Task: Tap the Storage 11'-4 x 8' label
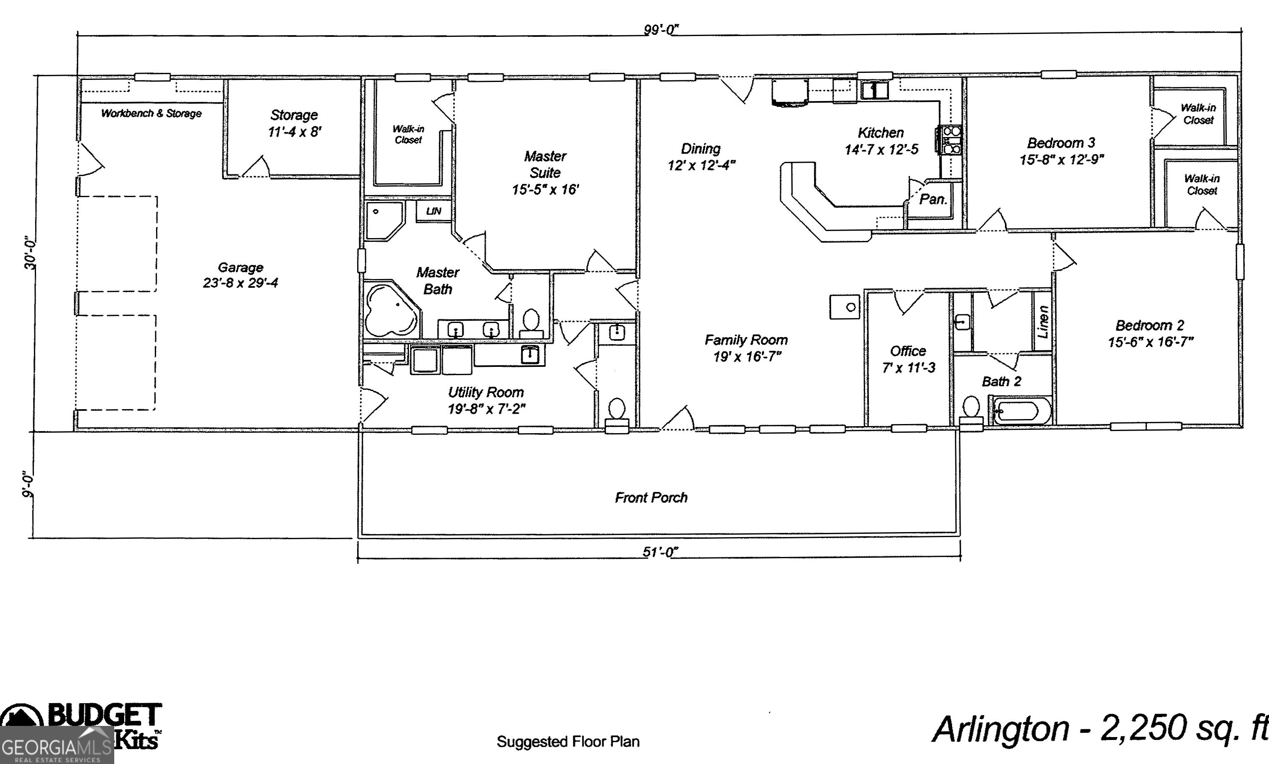[294, 123]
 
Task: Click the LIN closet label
[433, 211]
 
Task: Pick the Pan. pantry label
[933, 199]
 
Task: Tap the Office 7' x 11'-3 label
[908, 359]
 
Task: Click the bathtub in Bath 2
[1021, 411]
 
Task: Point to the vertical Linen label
[1043, 322]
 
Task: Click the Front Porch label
[651, 497]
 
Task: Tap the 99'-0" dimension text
[661, 30]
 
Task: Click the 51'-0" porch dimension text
[660, 552]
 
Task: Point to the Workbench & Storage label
[151, 113]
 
